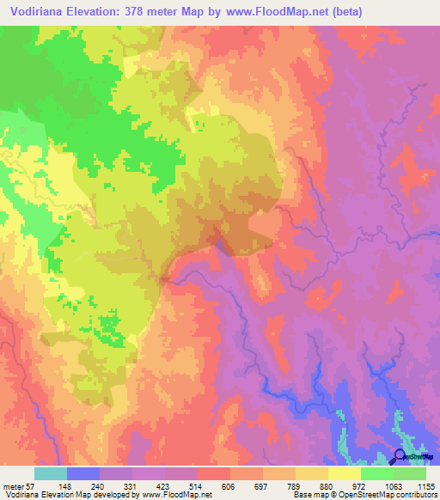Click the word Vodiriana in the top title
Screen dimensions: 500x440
pos(38,12)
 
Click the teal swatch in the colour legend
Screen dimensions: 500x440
pos(51,473)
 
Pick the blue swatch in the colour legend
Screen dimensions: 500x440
pos(83,473)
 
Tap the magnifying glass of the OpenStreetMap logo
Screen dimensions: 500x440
pos(400,456)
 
